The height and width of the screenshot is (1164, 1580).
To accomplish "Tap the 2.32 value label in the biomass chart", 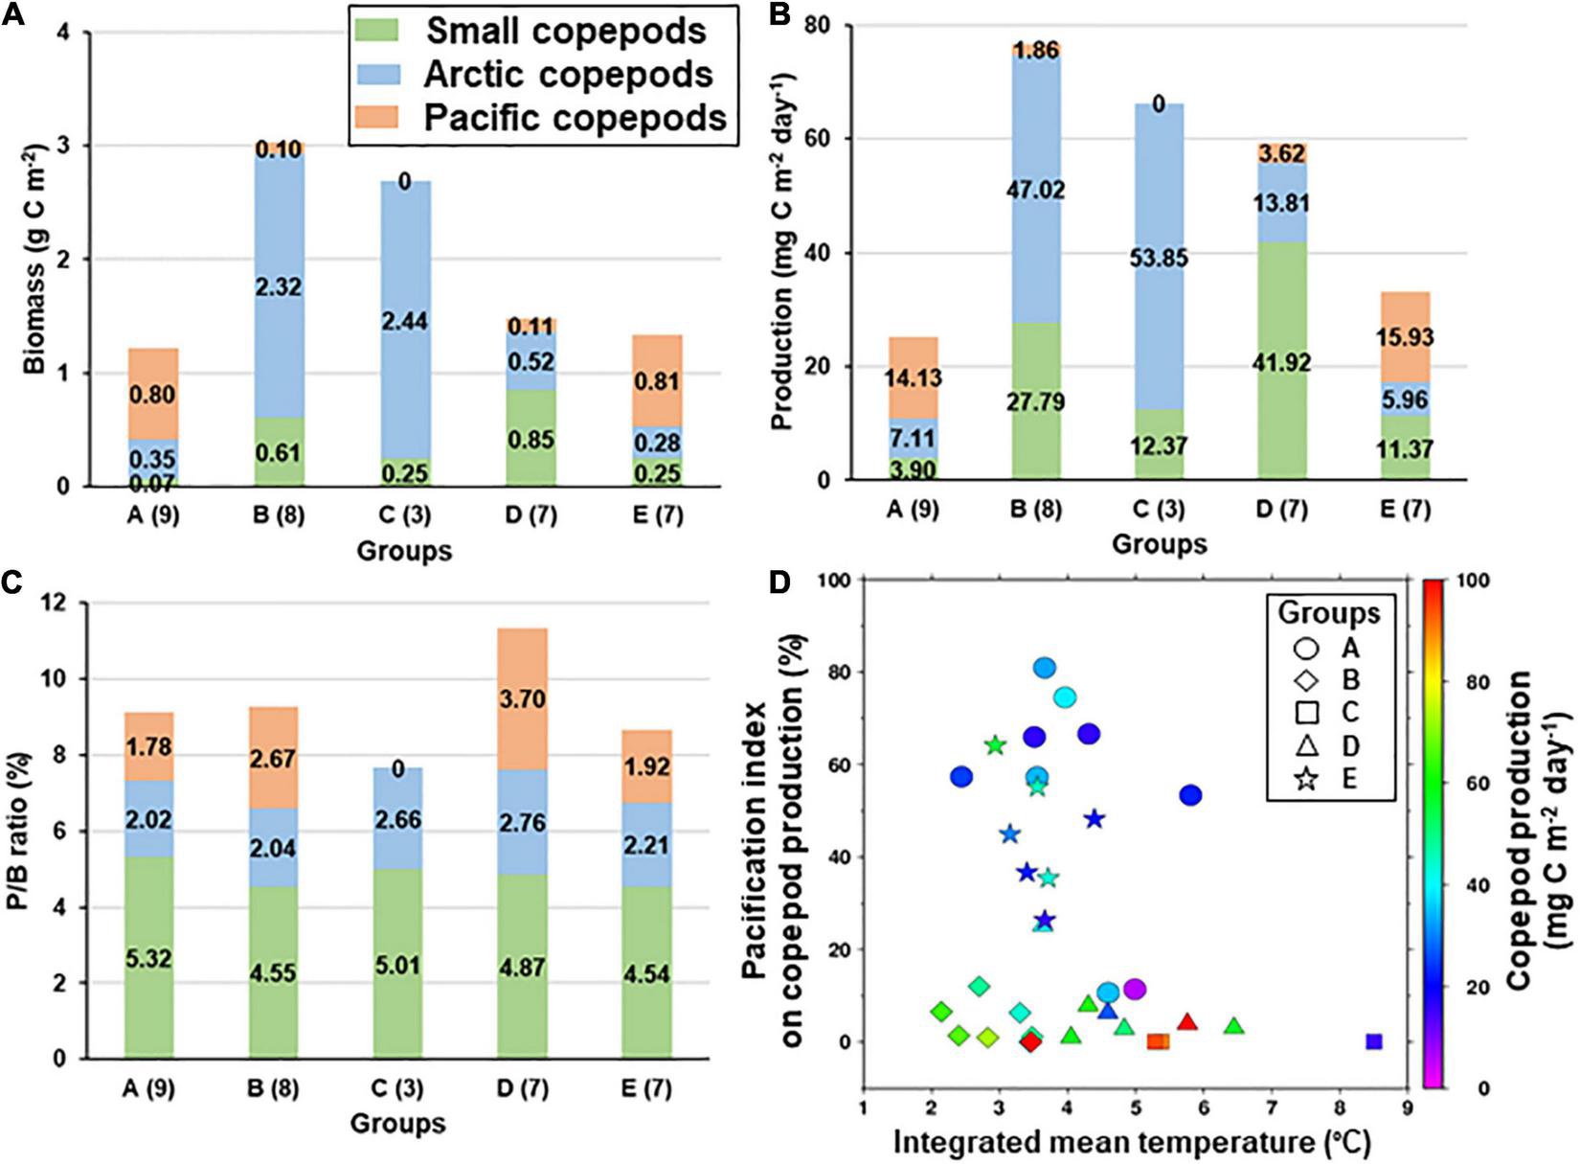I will (x=280, y=286).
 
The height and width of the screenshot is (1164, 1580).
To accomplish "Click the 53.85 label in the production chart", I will (x=1159, y=258).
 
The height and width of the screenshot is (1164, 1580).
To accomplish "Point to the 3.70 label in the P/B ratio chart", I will (x=523, y=699).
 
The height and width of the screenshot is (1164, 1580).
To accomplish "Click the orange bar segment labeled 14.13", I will (x=913, y=377).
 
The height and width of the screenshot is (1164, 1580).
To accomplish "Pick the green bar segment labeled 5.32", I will (x=148, y=958).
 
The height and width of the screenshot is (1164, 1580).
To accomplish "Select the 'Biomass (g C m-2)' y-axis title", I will (x=35, y=259).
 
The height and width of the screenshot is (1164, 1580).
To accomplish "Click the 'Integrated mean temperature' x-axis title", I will (x=1132, y=1143).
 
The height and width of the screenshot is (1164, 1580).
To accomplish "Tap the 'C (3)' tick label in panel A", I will (x=404, y=515).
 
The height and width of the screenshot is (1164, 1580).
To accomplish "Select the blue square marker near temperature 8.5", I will (x=1374, y=1041).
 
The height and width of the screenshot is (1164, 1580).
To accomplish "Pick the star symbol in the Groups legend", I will (x=1308, y=779).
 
